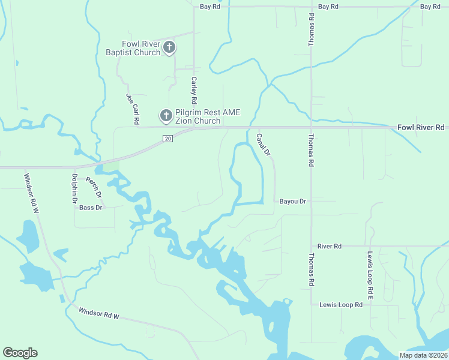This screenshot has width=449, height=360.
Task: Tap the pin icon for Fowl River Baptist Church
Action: point(169,47)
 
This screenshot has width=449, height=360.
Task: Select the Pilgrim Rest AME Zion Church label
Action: point(198,116)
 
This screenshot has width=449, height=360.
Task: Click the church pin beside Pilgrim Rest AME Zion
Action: point(166,115)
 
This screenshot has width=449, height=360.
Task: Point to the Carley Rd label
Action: point(194,89)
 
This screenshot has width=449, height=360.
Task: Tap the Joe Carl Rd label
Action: point(132,105)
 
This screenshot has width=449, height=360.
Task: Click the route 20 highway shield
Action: point(168,139)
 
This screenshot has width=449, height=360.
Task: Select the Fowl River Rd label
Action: point(421,128)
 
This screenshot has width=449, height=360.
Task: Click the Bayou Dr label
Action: point(293,202)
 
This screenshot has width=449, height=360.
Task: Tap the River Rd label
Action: point(330,247)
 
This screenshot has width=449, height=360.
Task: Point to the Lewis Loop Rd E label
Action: point(371,275)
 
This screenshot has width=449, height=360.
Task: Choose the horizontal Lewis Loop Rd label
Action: point(341,305)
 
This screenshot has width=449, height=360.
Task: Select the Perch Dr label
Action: point(94,188)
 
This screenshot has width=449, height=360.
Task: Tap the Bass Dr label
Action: point(91,208)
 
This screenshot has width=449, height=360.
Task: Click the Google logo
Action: point(20,353)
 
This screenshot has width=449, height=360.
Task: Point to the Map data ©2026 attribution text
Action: point(424,355)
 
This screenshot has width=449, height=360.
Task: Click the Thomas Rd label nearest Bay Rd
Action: point(311,30)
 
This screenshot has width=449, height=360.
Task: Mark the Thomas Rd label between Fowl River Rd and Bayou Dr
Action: point(311,150)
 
